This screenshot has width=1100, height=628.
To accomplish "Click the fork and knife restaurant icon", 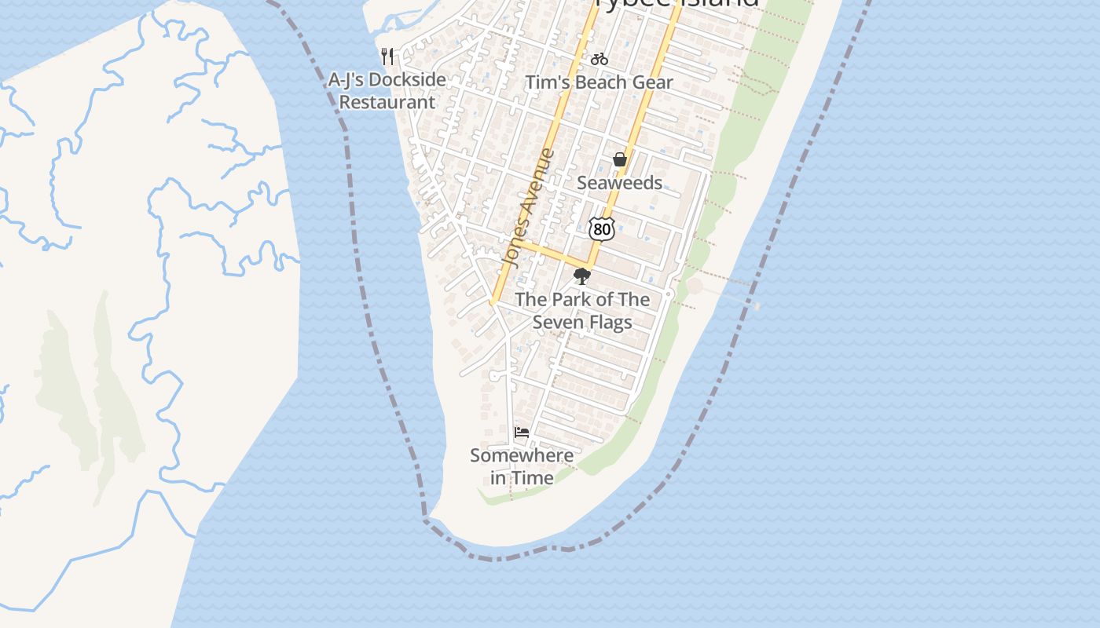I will point(387,56).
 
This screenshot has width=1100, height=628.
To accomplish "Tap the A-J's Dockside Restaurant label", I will point(387,90).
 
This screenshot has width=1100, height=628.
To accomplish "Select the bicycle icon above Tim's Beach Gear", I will point(599,59).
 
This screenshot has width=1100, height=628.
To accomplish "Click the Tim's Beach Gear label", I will point(599,82).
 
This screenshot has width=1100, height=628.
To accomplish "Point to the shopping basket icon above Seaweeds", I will point(620,159).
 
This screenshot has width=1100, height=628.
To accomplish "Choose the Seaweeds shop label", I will point(619,183).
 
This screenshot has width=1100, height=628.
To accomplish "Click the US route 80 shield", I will point(602,228).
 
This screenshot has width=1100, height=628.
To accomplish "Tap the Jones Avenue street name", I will point(528,208).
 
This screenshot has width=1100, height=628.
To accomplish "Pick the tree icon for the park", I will point(582,276).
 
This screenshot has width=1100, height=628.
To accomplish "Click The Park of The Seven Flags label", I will point(582,310).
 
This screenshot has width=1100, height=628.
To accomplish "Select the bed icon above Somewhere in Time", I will point(521,433).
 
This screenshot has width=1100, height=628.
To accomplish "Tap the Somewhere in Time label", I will point(522,466).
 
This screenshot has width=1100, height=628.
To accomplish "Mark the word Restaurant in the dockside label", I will point(387,102).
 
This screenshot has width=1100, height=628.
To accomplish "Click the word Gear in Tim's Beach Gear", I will point(654,82).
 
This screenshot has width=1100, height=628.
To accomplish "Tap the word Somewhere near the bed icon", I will point(522,455).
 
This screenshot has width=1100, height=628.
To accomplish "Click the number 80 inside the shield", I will point(602,229).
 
